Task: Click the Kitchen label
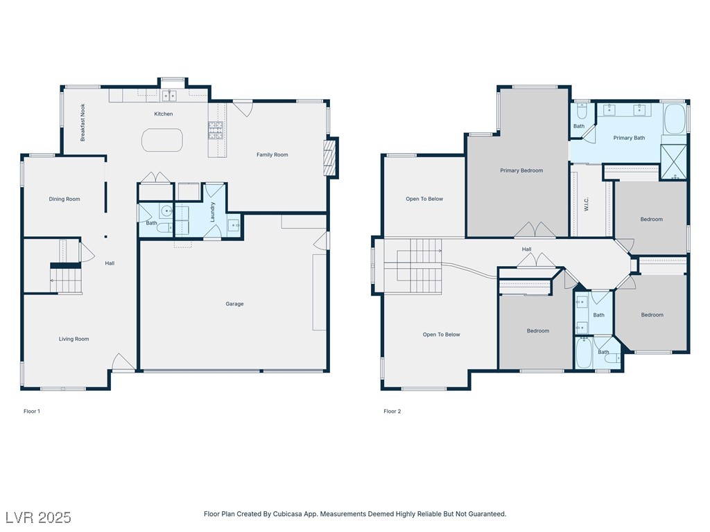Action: point(164,114)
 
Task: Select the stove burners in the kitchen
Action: point(216,130)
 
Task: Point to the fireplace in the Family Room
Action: point(331,158)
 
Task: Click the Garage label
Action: point(234,304)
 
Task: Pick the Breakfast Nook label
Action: point(83,123)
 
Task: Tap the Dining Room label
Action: point(64,199)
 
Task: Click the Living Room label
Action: point(73,339)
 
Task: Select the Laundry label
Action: point(212,212)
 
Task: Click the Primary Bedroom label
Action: point(521,170)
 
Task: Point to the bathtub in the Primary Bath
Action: point(675,119)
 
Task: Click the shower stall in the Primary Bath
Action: point(673,162)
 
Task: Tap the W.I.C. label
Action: point(587,204)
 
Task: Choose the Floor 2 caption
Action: point(392,411)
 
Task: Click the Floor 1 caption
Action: point(32,411)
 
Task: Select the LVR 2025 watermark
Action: point(39,517)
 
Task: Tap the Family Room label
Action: point(272,154)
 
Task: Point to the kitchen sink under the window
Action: point(169,96)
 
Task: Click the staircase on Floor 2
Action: point(413,267)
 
